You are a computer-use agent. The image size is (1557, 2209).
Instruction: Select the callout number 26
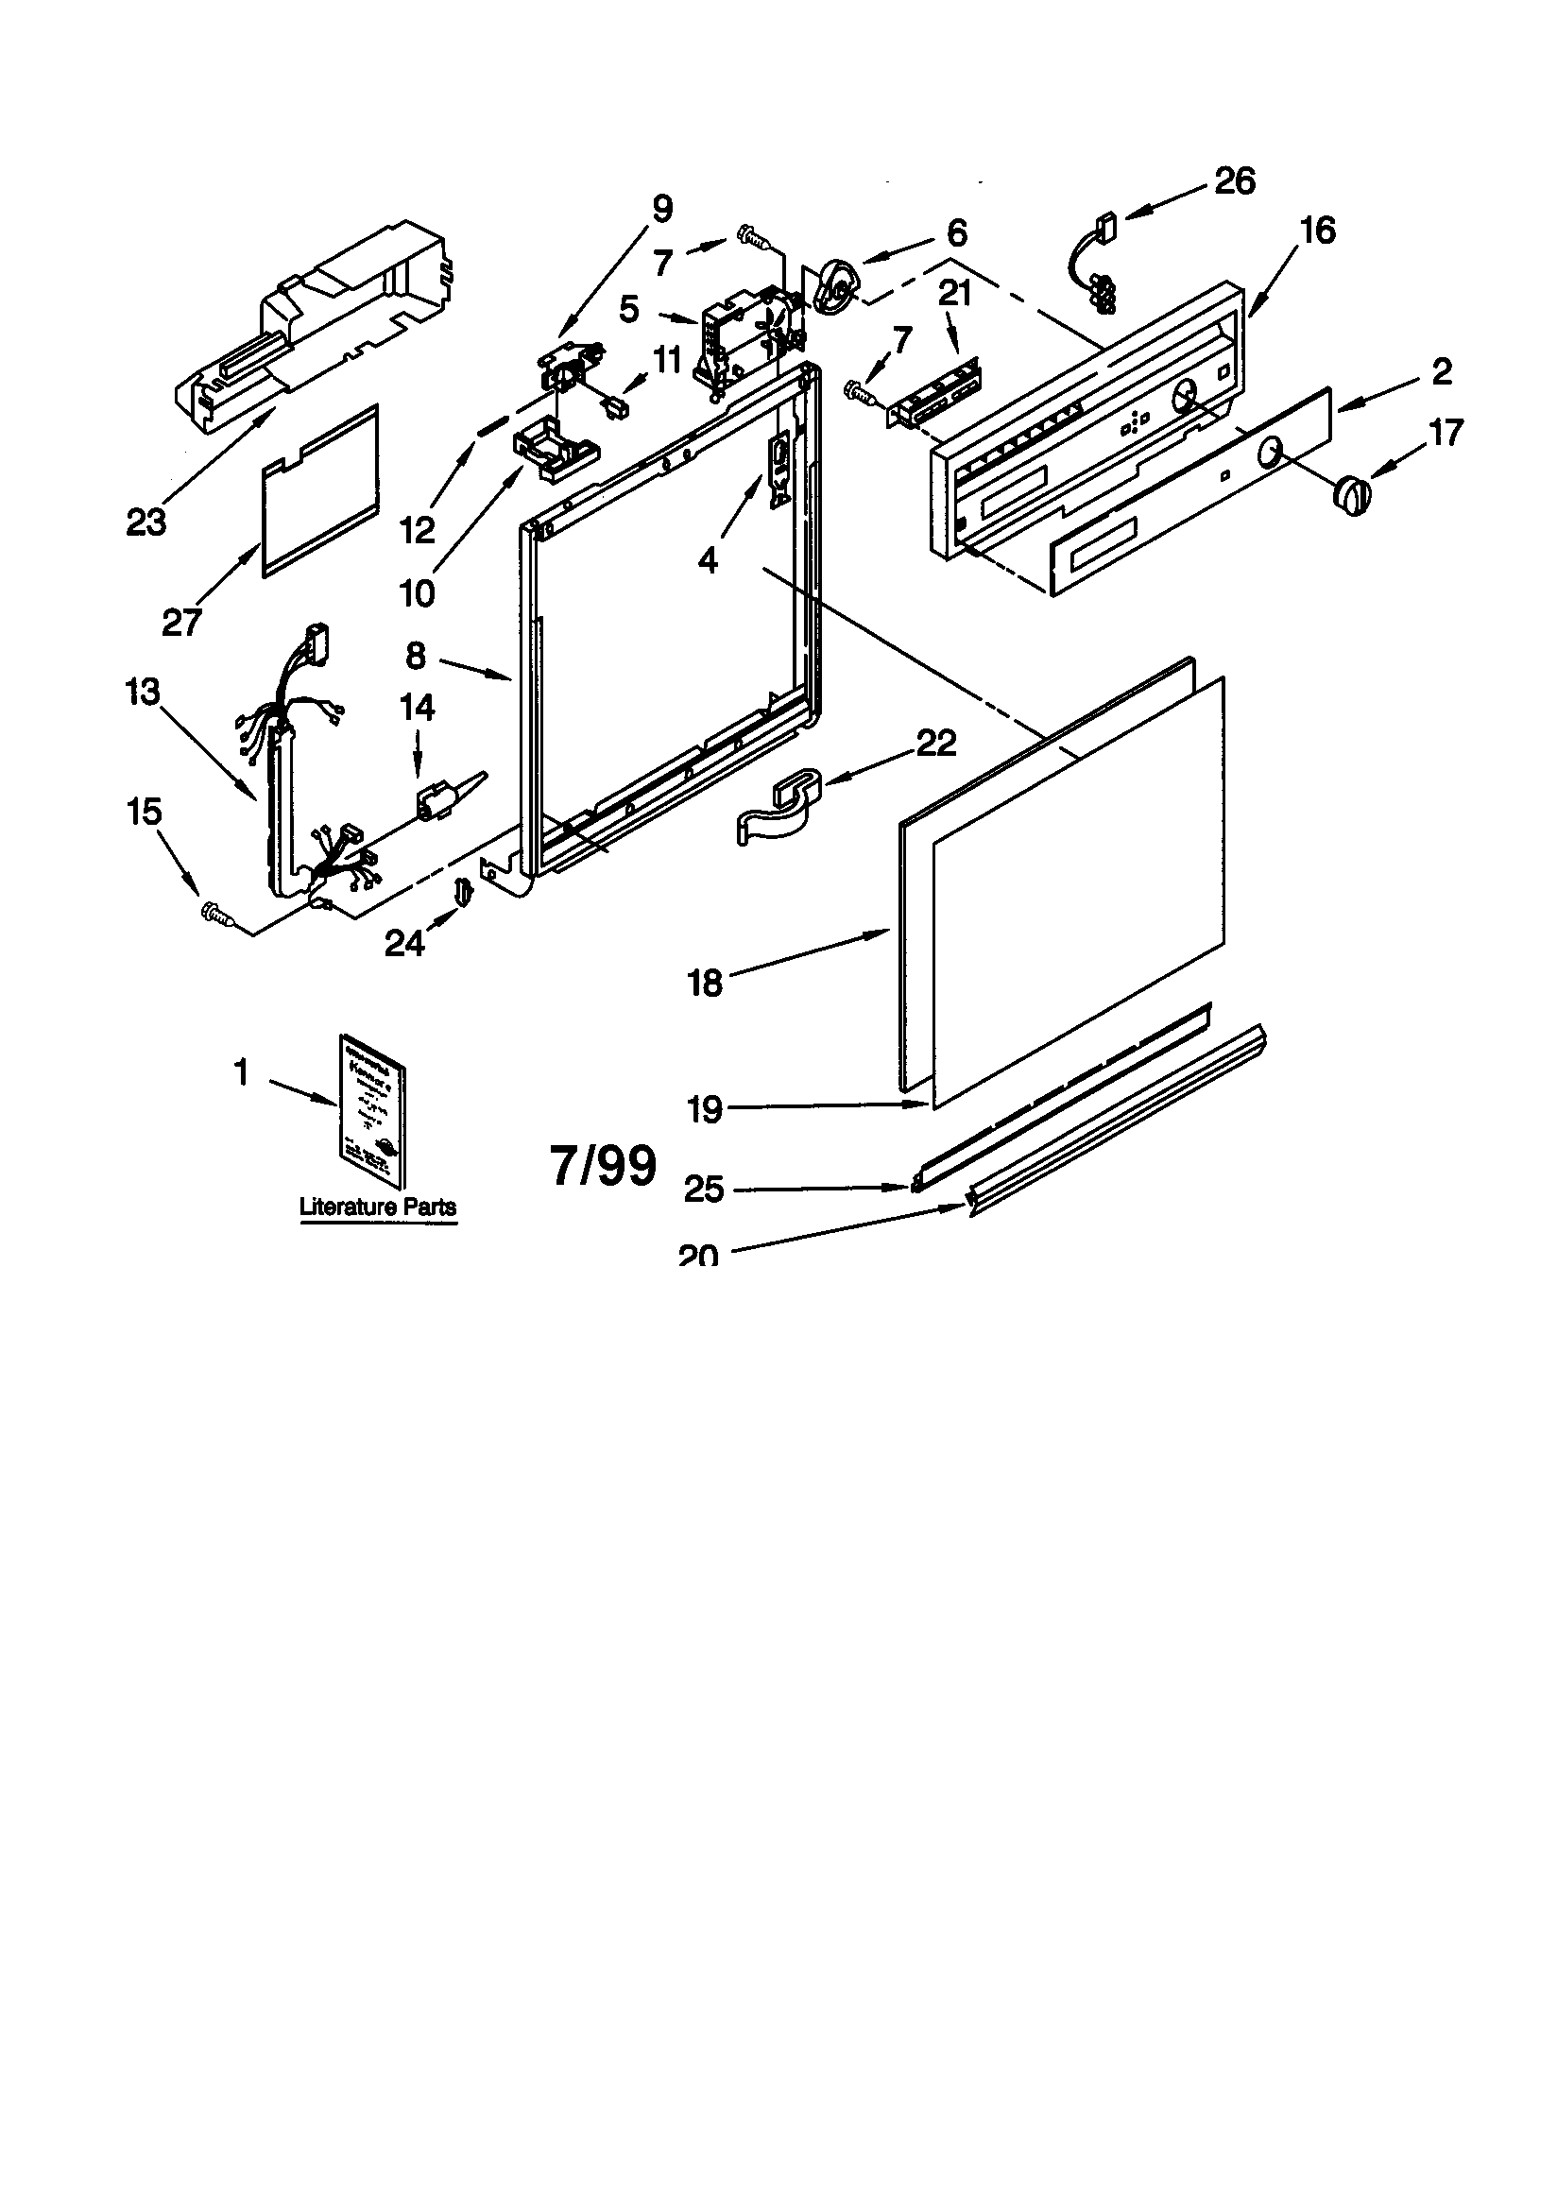pyautogui.click(x=1235, y=180)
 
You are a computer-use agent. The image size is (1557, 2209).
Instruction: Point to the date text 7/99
pyautogui.click(x=604, y=1165)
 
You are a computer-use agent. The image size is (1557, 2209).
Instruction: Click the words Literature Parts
pyautogui.click(x=377, y=1207)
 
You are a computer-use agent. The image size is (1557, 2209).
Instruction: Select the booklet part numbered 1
pyautogui.click(x=370, y=1108)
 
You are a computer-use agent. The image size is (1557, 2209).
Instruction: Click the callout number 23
pyautogui.click(x=146, y=522)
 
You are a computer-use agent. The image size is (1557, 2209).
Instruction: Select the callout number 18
pyautogui.click(x=705, y=983)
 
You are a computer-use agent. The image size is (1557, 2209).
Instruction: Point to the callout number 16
pyautogui.click(x=1317, y=230)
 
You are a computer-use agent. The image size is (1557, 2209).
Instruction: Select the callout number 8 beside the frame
pyautogui.click(x=415, y=656)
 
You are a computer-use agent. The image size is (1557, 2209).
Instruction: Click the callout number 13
pyautogui.click(x=143, y=692)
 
